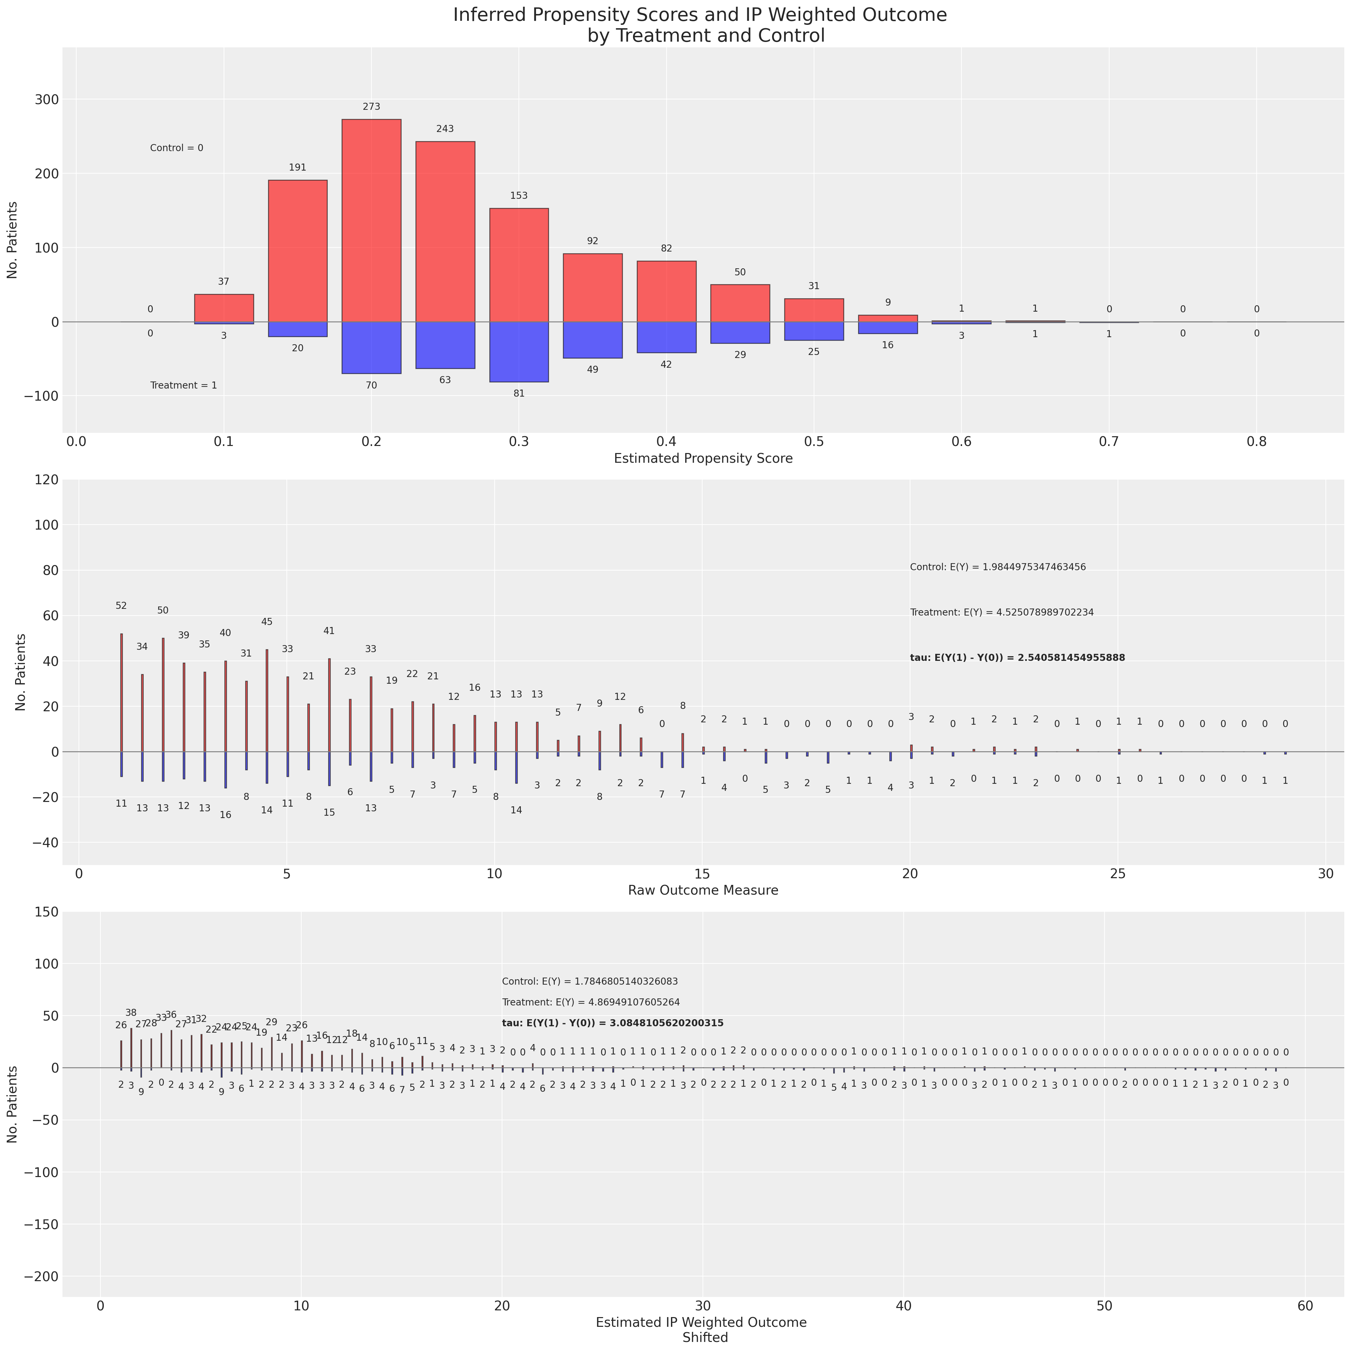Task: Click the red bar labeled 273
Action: tap(371, 220)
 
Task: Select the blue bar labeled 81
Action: tap(519, 352)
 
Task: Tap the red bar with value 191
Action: tap(298, 250)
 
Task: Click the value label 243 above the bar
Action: tap(445, 129)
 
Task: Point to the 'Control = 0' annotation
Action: tap(176, 148)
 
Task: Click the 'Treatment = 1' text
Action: tap(183, 385)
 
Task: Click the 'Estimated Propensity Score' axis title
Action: tap(703, 459)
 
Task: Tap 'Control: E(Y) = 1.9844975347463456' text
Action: tap(997, 567)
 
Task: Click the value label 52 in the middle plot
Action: tap(121, 605)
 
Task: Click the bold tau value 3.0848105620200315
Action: tap(613, 1023)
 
